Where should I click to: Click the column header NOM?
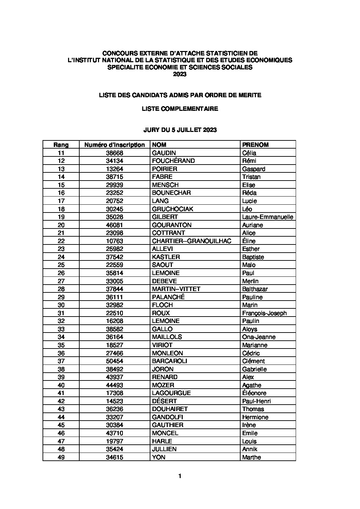[159, 145]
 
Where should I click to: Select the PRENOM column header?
[255, 145]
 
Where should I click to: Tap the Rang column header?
[61, 145]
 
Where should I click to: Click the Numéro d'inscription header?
[114, 145]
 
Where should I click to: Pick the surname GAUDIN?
[164, 153]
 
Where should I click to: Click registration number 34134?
[114, 161]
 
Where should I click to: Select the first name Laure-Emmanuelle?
[267, 217]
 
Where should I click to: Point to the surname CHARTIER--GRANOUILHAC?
[192, 241]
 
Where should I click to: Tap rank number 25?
[61, 265]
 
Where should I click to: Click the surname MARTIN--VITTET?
[176, 289]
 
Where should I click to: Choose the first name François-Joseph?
[264, 313]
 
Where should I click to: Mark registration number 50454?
[114, 361]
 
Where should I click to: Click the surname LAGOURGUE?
[171, 393]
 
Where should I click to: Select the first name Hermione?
[255, 417]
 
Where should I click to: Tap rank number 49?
[61, 457]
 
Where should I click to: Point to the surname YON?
[159, 457]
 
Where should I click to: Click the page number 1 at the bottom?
[180, 476]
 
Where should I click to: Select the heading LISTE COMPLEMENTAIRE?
[180, 109]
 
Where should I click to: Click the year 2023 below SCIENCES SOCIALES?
[180, 74]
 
